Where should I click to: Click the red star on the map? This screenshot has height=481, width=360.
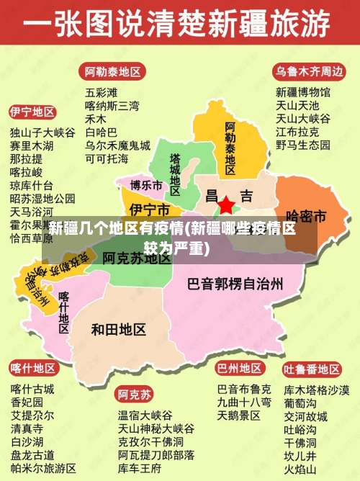coord(226,205)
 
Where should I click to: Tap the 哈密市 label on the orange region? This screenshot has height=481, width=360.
coord(306,215)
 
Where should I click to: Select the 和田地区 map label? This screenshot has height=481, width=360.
coord(119,329)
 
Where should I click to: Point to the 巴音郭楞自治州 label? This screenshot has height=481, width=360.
coord(235,283)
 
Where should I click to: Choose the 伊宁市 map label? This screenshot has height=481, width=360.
coord(149,210)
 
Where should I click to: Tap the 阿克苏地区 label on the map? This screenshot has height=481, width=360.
coord(136,256)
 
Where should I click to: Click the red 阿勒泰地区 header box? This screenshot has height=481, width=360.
coord(112,72)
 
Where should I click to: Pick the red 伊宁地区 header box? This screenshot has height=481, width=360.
coord(32,112)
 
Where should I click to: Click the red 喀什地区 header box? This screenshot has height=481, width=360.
coord(33,369)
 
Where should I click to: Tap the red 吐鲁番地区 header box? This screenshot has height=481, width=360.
coord(311,369)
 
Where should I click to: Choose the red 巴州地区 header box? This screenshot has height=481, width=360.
coord(240,369)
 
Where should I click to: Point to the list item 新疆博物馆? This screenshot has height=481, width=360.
coord(303,92)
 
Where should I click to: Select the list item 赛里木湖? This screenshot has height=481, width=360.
coord(32,145)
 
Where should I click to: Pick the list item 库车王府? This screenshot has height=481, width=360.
coord(140,468)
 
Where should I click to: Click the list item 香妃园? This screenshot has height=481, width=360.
coord(27,403)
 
